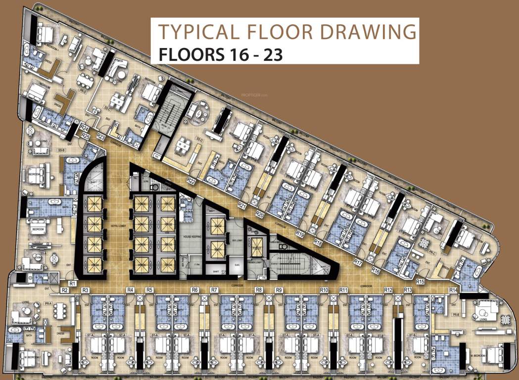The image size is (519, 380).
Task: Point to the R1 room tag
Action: click(72, 283)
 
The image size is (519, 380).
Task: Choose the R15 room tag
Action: click(421, 282)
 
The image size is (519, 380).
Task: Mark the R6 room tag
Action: click(195, 289)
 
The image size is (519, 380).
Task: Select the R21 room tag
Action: click(242, 204)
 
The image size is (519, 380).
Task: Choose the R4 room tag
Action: click(130, 289)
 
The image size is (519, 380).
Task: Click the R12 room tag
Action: click(388, 289)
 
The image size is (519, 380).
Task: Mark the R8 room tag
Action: click(259, 289)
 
